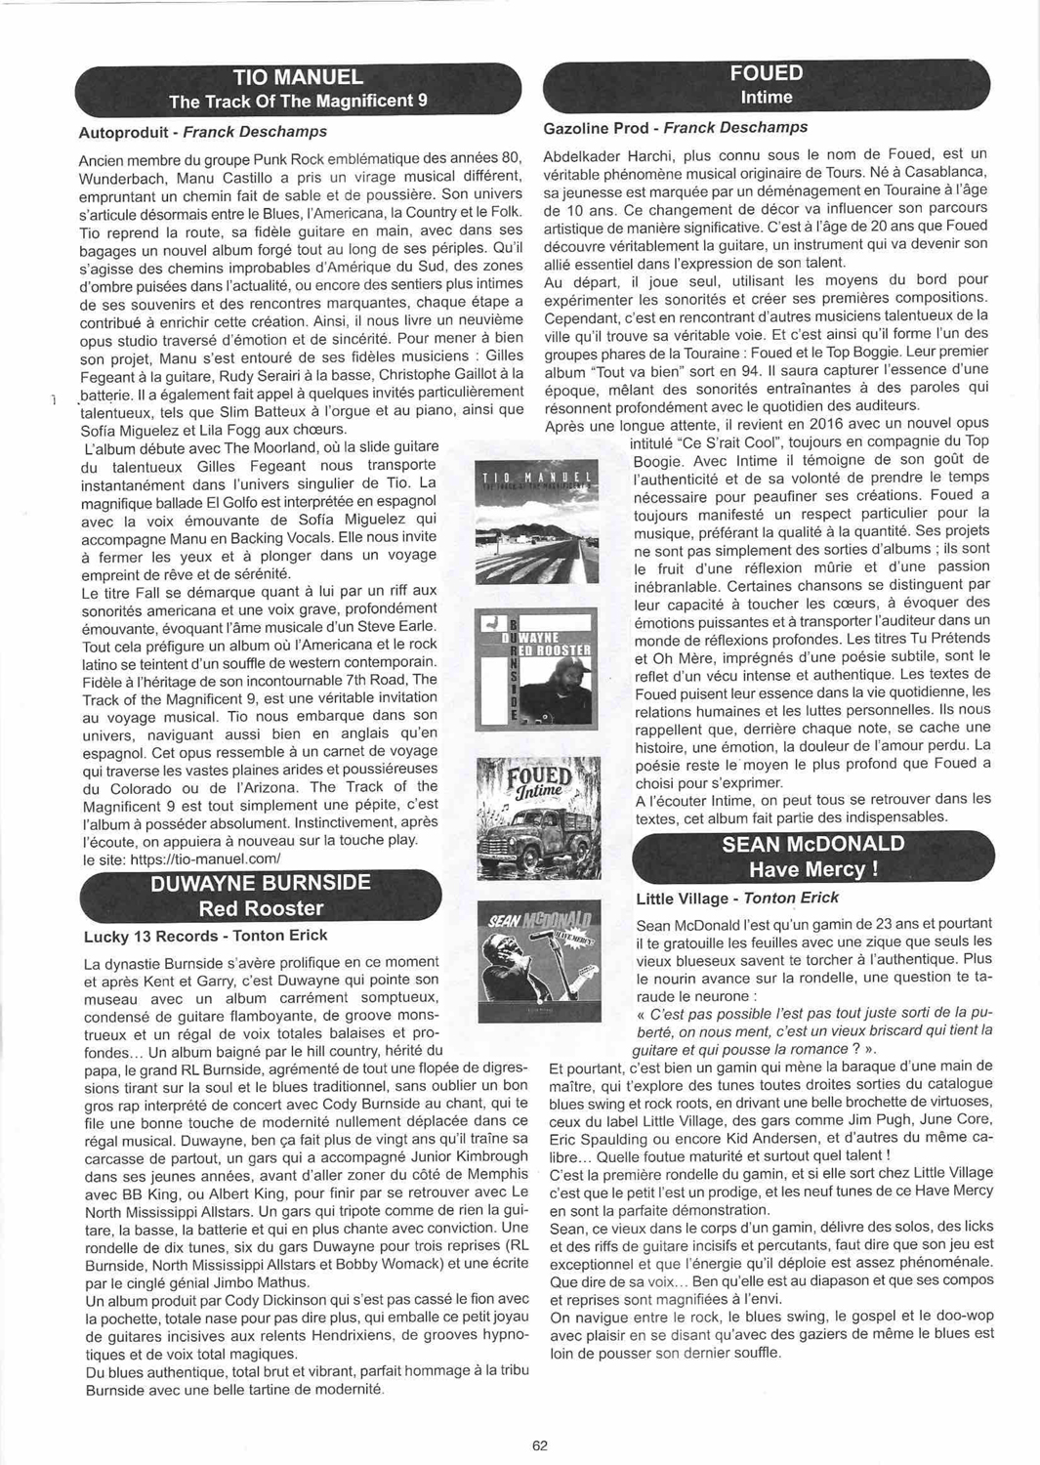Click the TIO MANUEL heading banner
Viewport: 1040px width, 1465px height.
point(298,88)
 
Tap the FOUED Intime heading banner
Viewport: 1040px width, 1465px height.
point(767,85)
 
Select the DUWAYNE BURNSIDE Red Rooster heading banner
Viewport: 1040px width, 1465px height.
point(260,896)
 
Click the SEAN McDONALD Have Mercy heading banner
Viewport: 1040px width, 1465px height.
point(813,857)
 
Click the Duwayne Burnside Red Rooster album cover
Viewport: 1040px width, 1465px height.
point(538,667)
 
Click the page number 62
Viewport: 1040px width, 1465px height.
point(540,1446)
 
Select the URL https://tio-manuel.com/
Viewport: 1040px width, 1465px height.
point(203,858)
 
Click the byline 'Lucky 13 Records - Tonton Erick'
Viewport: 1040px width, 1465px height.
point(206,936)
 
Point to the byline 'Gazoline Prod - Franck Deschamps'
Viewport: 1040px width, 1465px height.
point(675,128)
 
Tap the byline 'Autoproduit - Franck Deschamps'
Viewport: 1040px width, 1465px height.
point(202,132)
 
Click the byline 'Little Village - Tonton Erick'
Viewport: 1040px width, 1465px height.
point(736,899)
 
